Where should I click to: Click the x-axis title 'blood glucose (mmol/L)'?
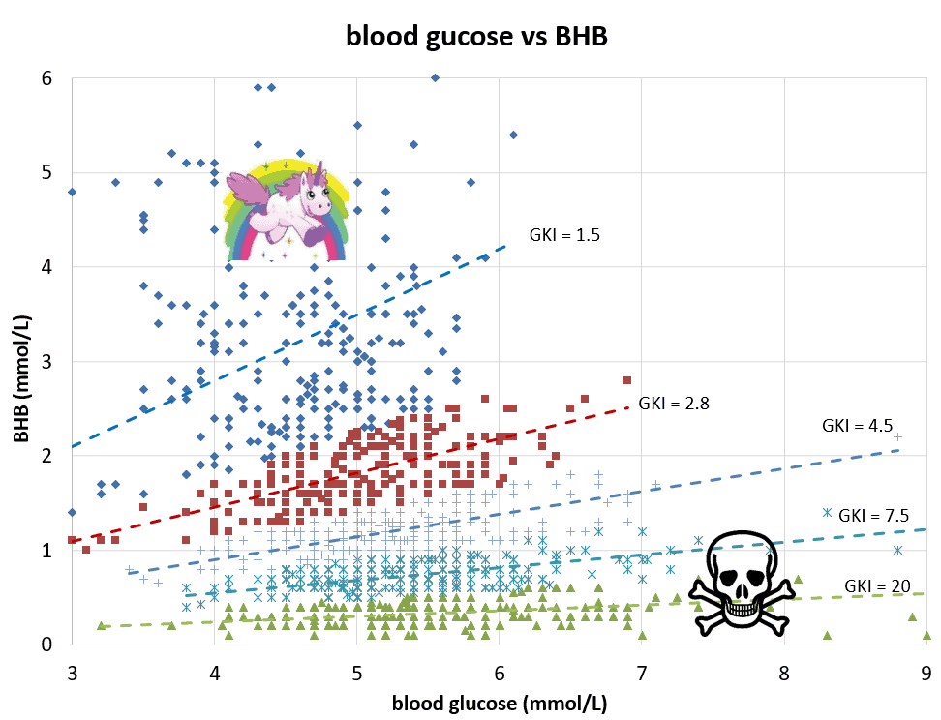499,703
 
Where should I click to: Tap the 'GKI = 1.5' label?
564,234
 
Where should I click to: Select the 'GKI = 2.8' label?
674,404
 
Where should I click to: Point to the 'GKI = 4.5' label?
857,425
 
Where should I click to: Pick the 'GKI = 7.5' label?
874,515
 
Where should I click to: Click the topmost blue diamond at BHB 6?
435,77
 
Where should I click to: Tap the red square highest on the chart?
627,380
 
